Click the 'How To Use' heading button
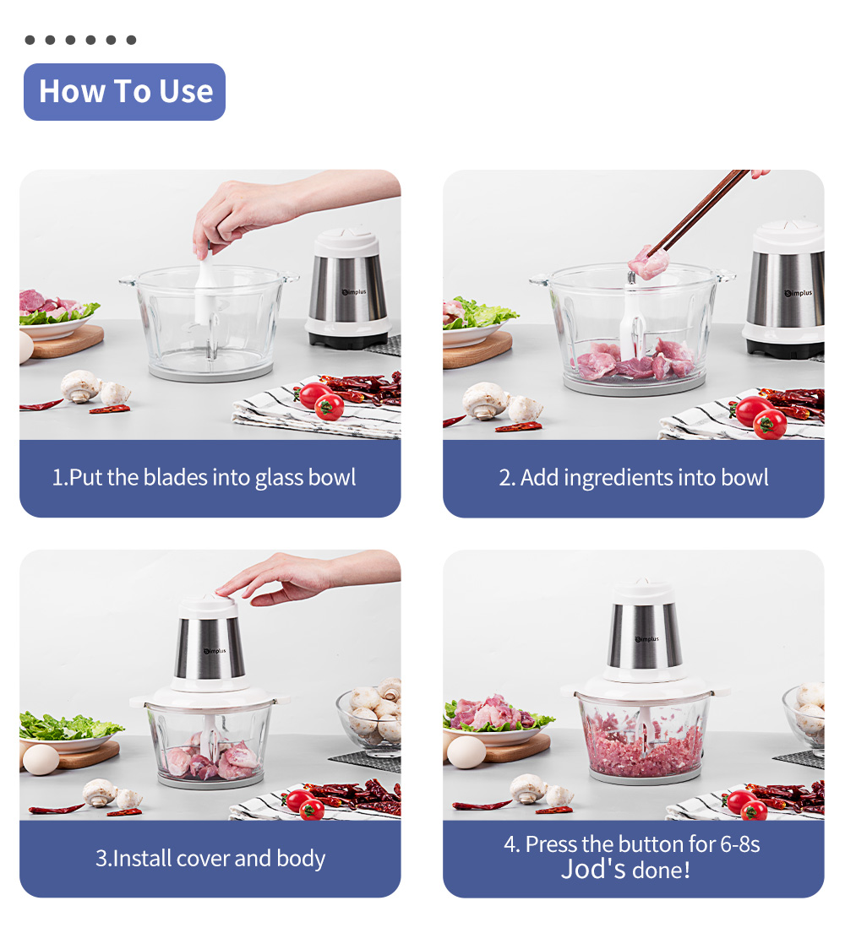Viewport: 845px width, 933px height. (125, 91)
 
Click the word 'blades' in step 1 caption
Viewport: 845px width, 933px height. (177, 478)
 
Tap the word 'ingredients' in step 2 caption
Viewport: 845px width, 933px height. (621, 478)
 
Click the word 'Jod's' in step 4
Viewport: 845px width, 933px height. (593, 869)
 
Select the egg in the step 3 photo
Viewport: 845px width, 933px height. (41, 759)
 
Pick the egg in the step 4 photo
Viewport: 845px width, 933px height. (466, 751)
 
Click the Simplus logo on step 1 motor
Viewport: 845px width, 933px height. (352, 292)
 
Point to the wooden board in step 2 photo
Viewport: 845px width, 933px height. (478, 349)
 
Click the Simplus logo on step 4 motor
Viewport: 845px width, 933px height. (646, 639)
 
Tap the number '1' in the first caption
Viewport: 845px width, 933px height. (57, 478)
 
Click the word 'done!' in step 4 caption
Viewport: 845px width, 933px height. (660, 869)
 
